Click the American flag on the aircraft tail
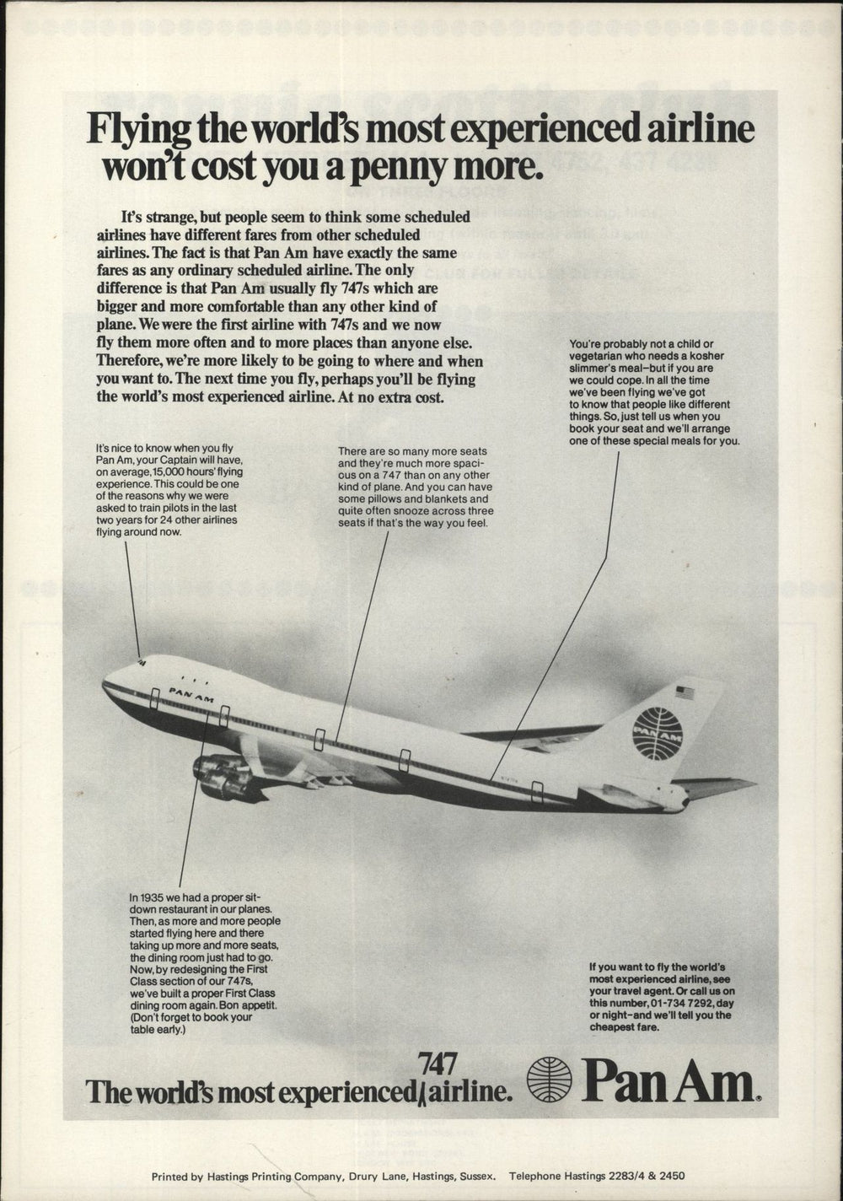684,693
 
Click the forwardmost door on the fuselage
155,698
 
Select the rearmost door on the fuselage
537,793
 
